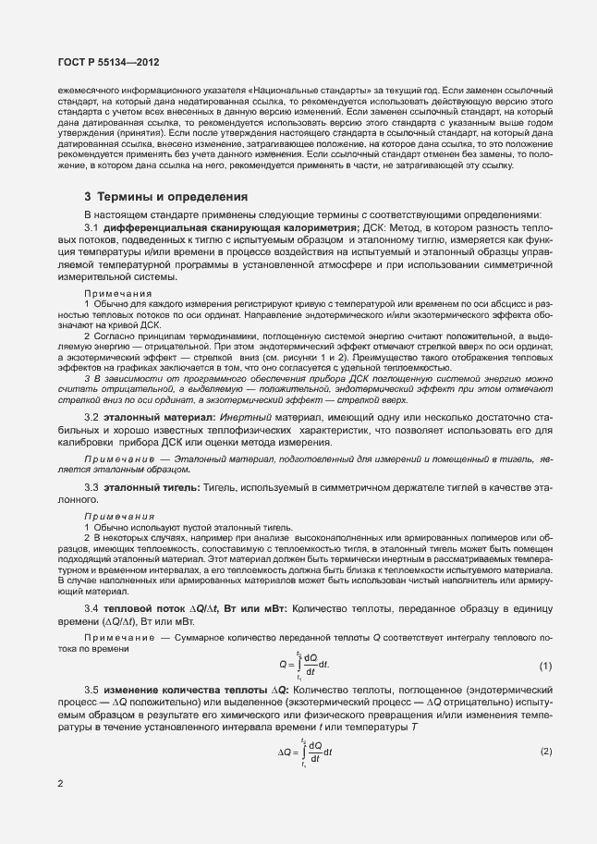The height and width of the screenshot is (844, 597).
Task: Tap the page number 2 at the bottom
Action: click(60, 784)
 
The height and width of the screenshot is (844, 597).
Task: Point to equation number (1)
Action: click(545, 666)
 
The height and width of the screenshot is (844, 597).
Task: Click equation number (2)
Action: click(545, 750)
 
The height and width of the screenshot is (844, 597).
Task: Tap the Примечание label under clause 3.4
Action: click(118, 638)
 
